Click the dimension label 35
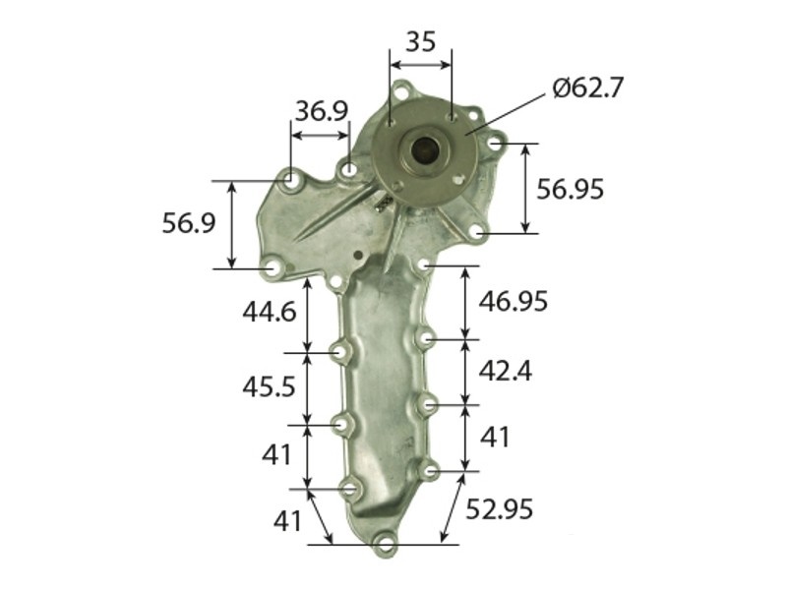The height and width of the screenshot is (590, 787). pos(421,41)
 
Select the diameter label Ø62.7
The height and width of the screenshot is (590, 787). pos(588,88)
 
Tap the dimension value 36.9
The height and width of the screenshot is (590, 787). pos(322,110)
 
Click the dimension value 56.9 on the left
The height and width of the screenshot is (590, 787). pos(189,224)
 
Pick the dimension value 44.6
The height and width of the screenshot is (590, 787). pos(269,312)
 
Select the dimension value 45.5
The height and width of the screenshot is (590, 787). pos(269,386)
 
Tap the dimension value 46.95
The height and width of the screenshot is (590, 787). pos(513,301)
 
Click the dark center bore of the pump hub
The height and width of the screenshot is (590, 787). pos(425,150)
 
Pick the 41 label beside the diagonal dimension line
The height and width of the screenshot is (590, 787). pos(287,521)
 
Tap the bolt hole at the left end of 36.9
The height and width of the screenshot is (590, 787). pos(292,181)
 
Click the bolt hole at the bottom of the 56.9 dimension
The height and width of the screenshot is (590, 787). pos(272,266)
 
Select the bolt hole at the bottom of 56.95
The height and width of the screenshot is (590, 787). pos(477,232)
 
